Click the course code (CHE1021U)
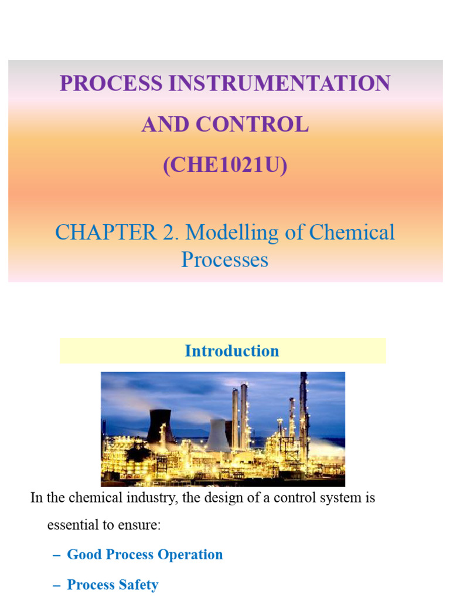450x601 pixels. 225,166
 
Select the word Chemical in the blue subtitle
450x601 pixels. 352,232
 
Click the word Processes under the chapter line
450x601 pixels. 224,259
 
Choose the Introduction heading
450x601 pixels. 231,351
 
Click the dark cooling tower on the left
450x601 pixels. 159,427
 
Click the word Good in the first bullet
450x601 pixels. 83,555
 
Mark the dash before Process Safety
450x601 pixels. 57,585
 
